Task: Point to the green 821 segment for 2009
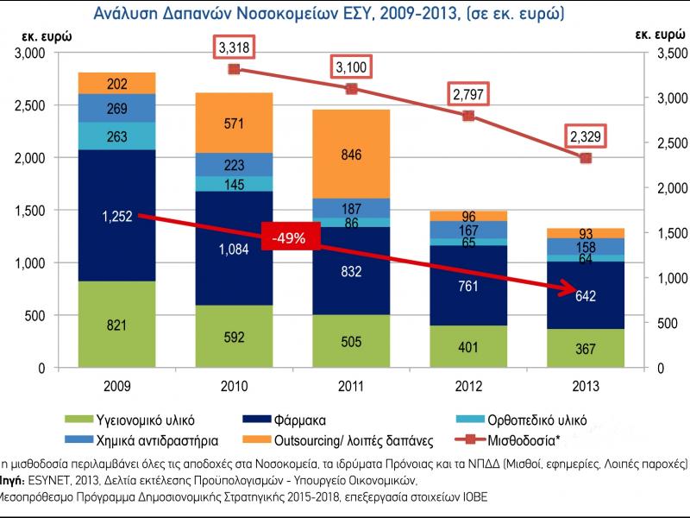click(117, 325)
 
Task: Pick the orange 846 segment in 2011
click(351, 155)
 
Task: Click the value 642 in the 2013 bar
click(586, 295)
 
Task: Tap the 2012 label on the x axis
click(468, 386)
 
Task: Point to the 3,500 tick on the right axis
click(659, 54)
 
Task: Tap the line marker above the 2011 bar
click(351, 89)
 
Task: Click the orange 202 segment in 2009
click(117, 84)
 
